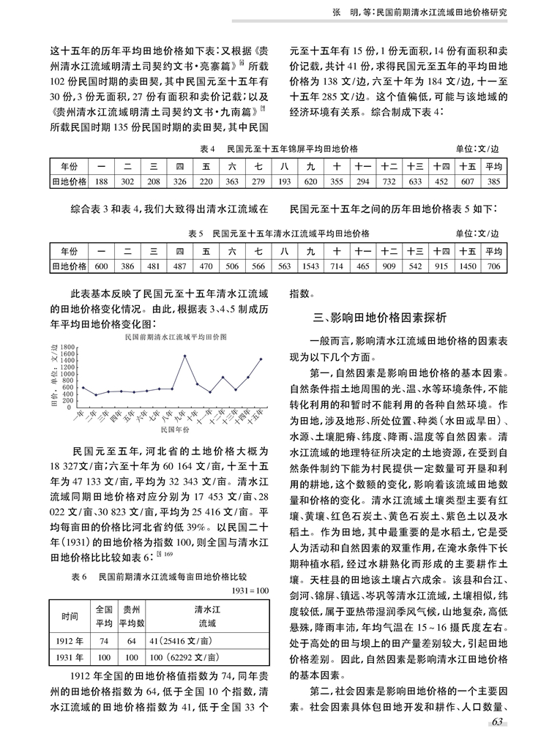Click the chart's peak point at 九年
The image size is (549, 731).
point(184,356)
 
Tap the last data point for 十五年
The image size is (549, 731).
point(261,359)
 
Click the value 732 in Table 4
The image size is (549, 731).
point(389,181)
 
